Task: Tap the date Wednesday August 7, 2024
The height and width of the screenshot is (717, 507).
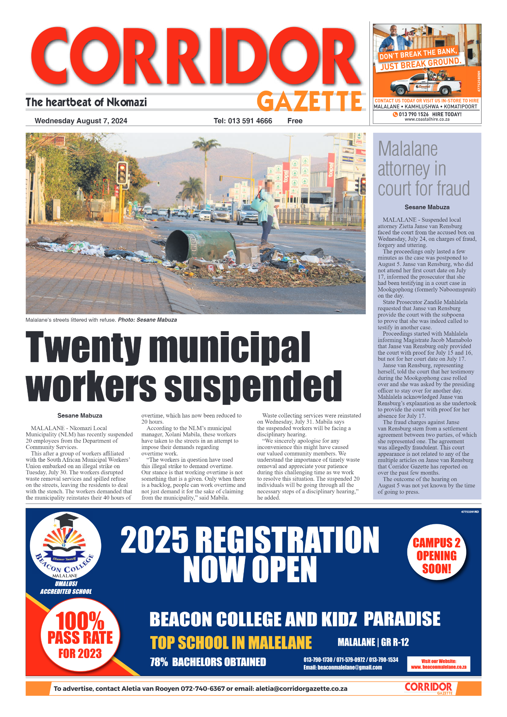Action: point(81,121)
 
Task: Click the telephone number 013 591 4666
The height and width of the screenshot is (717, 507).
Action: point(243,121)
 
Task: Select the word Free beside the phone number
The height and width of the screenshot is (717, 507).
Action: point(294,121)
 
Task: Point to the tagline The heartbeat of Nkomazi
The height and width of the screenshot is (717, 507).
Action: point(86,103)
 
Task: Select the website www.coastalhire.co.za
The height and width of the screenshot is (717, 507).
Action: point(427,119)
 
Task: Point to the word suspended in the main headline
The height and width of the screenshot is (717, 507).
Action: point(253,386)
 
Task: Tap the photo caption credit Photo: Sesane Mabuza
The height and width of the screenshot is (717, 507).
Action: point(147,320)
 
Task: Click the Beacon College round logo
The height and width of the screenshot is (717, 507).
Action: point(65,546)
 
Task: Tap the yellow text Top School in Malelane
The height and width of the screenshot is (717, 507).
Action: point(231,643)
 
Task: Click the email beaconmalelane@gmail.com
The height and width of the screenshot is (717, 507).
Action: point(343,667)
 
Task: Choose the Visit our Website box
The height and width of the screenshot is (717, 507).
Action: point(438,664)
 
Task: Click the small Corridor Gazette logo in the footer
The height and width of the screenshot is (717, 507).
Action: point(429,688)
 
